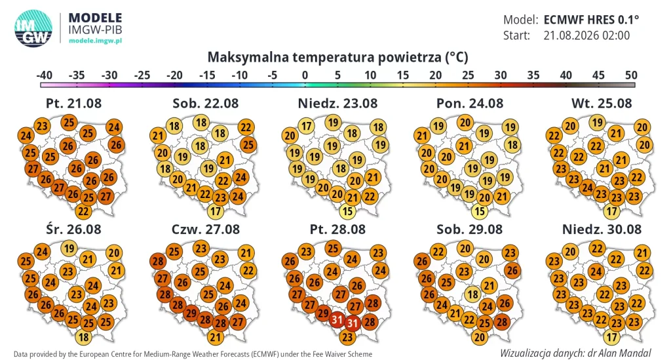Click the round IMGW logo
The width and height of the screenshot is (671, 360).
tap(33, 28)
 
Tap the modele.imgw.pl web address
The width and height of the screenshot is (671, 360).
tap(95, 41)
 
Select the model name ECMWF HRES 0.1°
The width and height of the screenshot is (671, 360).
tap(591, 20)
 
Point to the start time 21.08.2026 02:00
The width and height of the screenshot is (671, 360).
tap(586, 35)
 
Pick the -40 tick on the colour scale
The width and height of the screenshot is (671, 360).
tap(44, 75)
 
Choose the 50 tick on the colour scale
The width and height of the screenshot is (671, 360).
tap(631, 75)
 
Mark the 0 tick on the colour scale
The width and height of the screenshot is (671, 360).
tap(305, 75)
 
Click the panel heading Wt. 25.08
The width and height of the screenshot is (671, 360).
tap(602, 103)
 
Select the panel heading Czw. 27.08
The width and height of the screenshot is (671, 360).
tap(205, 229)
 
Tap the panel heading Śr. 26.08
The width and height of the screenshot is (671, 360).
tap(73, 229)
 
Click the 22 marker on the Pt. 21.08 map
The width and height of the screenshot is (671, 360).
tap(83, 211)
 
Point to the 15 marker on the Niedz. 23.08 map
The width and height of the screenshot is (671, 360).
tap(347, 211)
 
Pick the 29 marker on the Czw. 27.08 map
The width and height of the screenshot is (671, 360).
tap(191, 313)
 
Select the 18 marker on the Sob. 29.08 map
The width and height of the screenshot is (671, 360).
tap(472, 294)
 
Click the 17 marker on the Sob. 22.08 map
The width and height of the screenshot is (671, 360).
tap(215, 211)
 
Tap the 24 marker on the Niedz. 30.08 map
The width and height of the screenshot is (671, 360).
tap(596, 271)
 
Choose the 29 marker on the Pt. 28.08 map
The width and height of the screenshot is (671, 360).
tap(322, 313)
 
